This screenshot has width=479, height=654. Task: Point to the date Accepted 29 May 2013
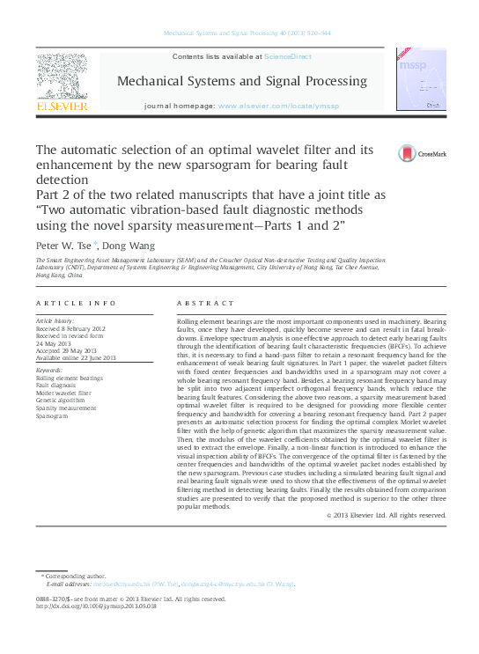[67, 350]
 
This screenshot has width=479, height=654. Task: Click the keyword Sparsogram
[54, 416]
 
